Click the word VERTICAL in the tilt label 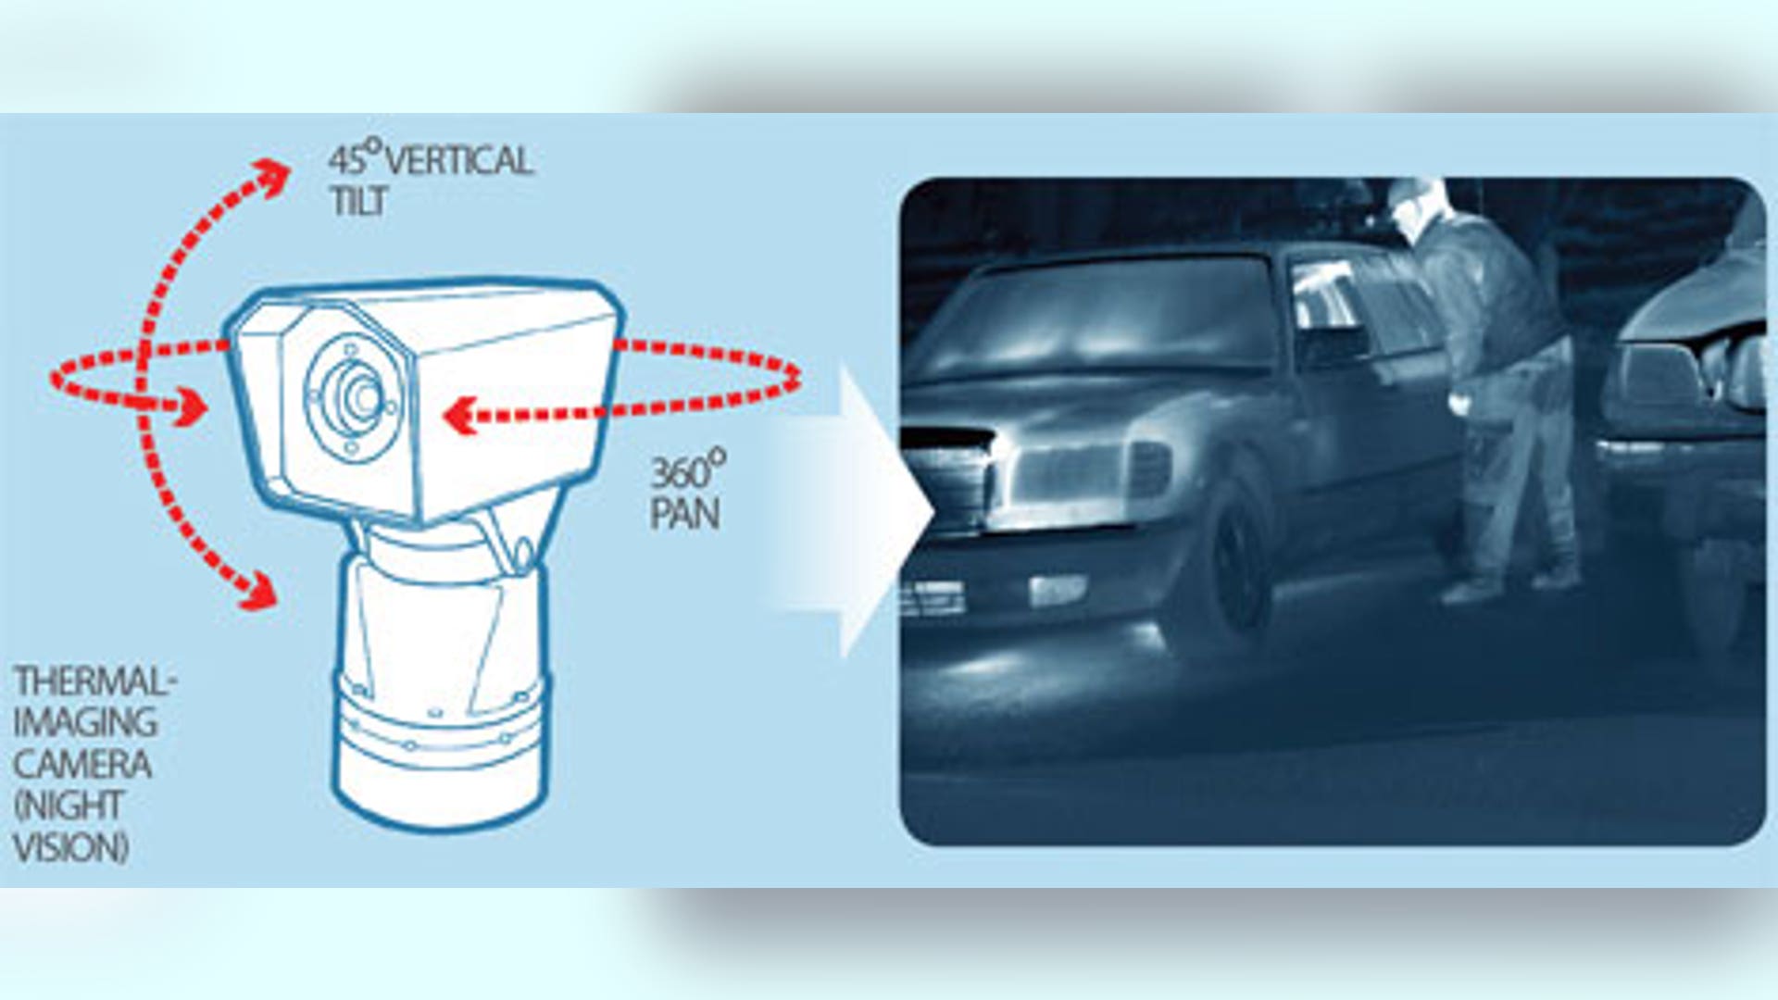click(x=459, y=162)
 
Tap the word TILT click(x=358, y=202)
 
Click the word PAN click(x=684, y=515)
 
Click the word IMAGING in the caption click(x=85, y=723)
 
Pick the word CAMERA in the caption click(x=82, y=765)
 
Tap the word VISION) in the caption click(x=71, y=847)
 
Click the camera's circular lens click(x=354, y=396)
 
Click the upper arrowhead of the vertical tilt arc click(x=273, y=176)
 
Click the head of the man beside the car click(x=1416, y=208)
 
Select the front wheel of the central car click(x=1232, y=565)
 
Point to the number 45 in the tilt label click(x=346, y=160)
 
